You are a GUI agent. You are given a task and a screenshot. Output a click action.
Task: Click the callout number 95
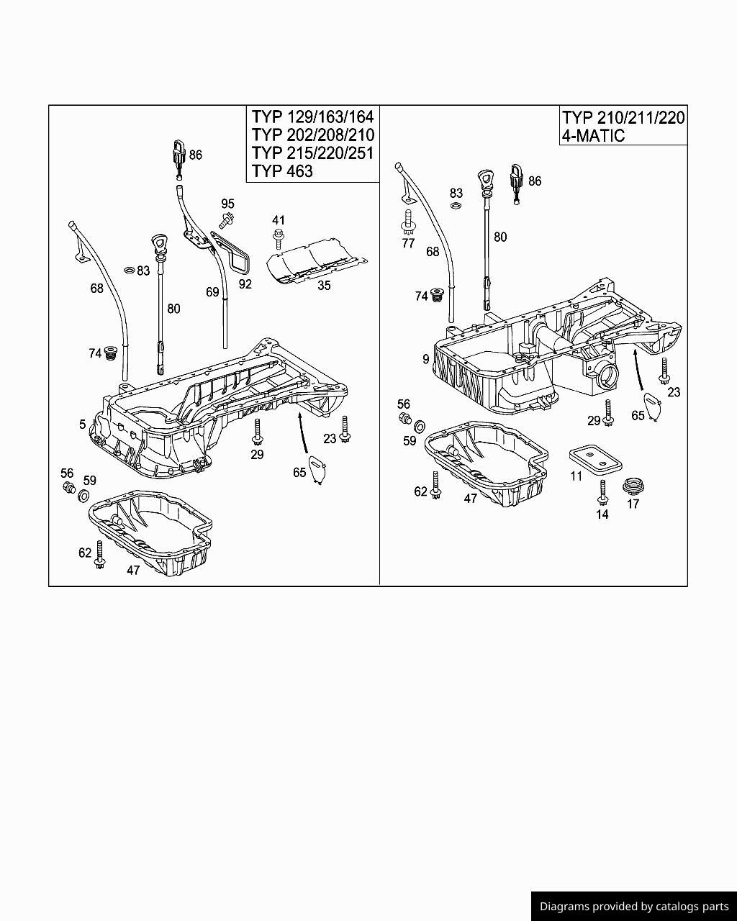227,204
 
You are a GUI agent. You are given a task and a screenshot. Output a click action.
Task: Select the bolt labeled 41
279,237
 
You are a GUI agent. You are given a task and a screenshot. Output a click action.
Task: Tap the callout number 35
324,286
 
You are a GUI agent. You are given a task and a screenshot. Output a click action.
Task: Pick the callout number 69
212,292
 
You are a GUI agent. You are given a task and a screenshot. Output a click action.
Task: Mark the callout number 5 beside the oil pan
83,425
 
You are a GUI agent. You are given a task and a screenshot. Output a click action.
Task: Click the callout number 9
426,359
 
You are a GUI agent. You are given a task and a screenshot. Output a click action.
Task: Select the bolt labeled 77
408,222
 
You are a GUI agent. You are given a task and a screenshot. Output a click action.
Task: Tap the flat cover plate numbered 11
594,458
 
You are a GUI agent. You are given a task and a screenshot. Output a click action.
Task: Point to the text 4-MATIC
594,135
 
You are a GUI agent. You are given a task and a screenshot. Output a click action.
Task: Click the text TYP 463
282,171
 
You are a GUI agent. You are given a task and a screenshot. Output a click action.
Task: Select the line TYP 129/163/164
312,117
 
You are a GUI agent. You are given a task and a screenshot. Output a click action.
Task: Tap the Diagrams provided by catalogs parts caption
634,907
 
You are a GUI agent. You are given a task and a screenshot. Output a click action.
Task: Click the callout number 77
408,243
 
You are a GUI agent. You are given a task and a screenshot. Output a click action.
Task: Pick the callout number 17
633,504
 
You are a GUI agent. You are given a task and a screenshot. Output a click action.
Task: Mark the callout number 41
279,220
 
